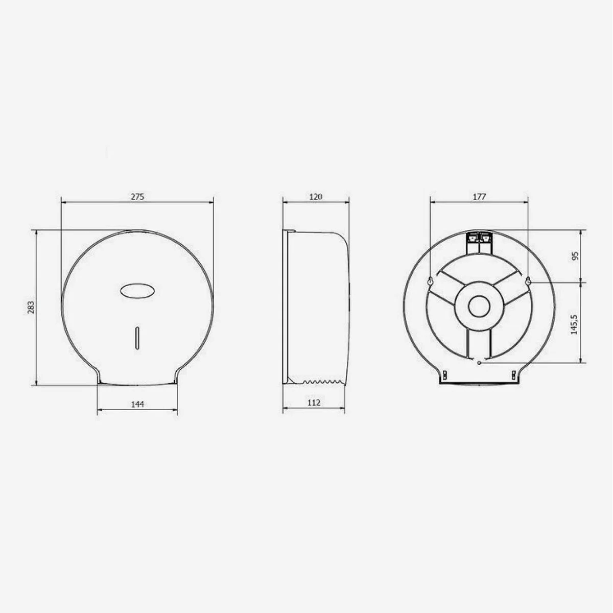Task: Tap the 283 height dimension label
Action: coord(31,307)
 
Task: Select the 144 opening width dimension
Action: coord(137,404)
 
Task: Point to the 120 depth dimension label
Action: coord(316,196)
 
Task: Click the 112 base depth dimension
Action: coord(314,403)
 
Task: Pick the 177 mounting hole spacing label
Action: coord(479,196)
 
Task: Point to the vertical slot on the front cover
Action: coord(136,338)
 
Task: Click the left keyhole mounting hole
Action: coord(431,281)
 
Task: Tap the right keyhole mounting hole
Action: coord(528,281)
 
